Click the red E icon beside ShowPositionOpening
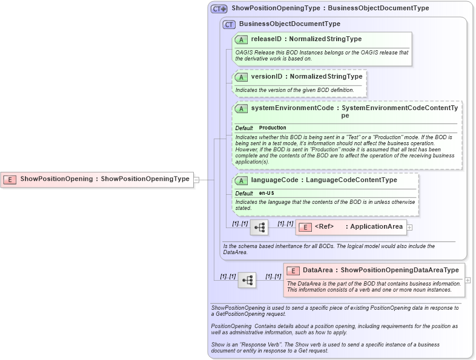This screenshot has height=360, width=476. pos(10,179)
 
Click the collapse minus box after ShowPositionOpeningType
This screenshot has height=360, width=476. pos(196,179)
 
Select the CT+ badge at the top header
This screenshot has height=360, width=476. pos(219,8)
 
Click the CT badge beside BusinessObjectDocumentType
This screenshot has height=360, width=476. pos(229,24)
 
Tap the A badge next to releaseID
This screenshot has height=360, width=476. pos(241,39)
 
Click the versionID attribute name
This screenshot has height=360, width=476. pos(266,77)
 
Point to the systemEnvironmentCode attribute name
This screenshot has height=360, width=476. pos(292,108)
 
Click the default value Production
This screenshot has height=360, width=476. pos(273,128)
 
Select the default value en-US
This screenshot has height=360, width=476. pos(267,193)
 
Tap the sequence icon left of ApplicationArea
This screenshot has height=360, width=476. pos(259,227)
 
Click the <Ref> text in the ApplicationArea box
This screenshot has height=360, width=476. pos(324,227)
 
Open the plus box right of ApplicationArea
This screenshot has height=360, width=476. pos(409,227)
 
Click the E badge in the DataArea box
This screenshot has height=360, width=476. pos(293,270)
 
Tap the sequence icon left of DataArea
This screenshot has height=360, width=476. pos(246,280)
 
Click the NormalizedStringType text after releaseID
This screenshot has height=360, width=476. pos(325,39)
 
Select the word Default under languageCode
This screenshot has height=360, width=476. pos(243,193)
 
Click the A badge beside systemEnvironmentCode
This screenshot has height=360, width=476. pos(241,108)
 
